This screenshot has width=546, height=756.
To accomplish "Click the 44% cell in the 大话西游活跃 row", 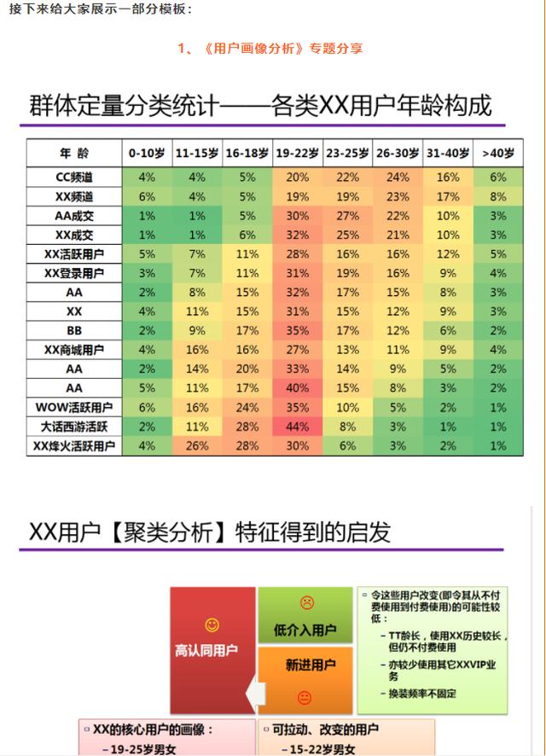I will (298, 427).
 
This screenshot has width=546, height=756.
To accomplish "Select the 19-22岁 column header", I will (298, 154).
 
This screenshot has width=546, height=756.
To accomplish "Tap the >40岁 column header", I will (498, 154).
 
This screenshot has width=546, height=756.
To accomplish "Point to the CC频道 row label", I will (74, 177).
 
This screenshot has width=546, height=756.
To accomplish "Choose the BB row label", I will (74, 330).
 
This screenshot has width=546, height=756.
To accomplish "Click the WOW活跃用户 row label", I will (74, 407).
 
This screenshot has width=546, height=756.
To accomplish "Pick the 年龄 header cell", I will (74, 154).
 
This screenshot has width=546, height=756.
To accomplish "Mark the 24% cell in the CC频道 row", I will (398, 177).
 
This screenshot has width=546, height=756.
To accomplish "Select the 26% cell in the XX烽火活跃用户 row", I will (197, 445).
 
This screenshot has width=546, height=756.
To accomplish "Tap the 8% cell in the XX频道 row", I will (498, 196).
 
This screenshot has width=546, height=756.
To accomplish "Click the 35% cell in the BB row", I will (298, 330).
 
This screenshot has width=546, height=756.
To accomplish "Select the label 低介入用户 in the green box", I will (305, 631).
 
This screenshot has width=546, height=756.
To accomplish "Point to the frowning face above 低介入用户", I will (306, 602).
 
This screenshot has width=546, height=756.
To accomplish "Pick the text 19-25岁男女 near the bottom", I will (143, 749).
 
